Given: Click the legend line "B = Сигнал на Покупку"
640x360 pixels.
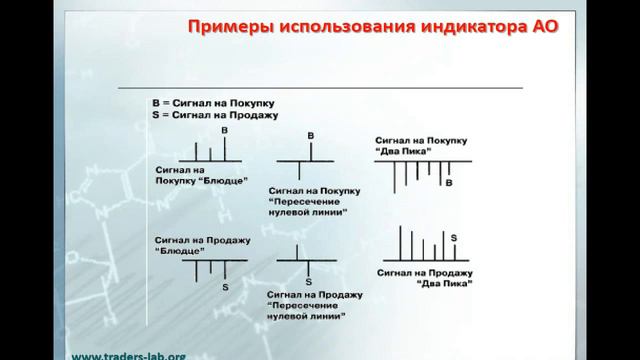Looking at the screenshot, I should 212,103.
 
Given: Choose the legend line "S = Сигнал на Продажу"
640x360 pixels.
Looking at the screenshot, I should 212,116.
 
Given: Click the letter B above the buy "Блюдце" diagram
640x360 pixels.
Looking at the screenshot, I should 224,131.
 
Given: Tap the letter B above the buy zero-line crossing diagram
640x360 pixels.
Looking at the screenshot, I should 310,134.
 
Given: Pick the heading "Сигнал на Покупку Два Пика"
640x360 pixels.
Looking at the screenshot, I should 416,142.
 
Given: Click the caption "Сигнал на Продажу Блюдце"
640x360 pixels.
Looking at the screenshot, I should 201,246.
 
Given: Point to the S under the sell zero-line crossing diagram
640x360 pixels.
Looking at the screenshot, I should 309,282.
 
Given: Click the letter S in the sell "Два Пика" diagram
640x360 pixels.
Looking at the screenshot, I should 454,236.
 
